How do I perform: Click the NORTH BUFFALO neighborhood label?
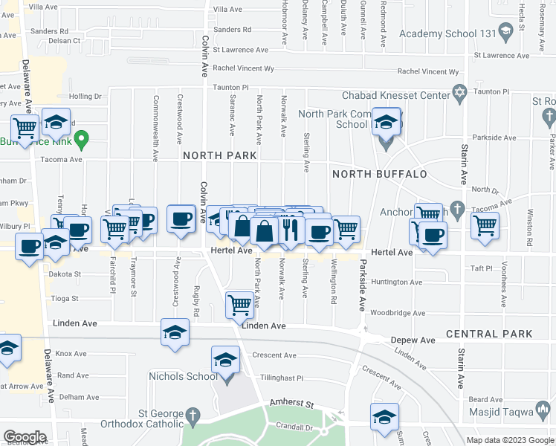click(x=379, y=174)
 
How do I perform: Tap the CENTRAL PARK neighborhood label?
click(x=491, y=334)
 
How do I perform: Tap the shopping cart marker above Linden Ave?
click(x=239, y=304)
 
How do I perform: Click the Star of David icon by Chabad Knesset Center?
click(x=459, y=94)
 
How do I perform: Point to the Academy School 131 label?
click(x=447, y=34)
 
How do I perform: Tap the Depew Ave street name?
click(x=413, y=340)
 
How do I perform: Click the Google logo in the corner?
click(x=25, y=436)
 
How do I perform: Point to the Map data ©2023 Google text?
click(x=509, y=440)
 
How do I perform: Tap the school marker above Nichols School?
click(x=224, y=360)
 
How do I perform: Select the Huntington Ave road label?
click(x=397, y=282)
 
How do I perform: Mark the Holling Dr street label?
click(x=85, y=96)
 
